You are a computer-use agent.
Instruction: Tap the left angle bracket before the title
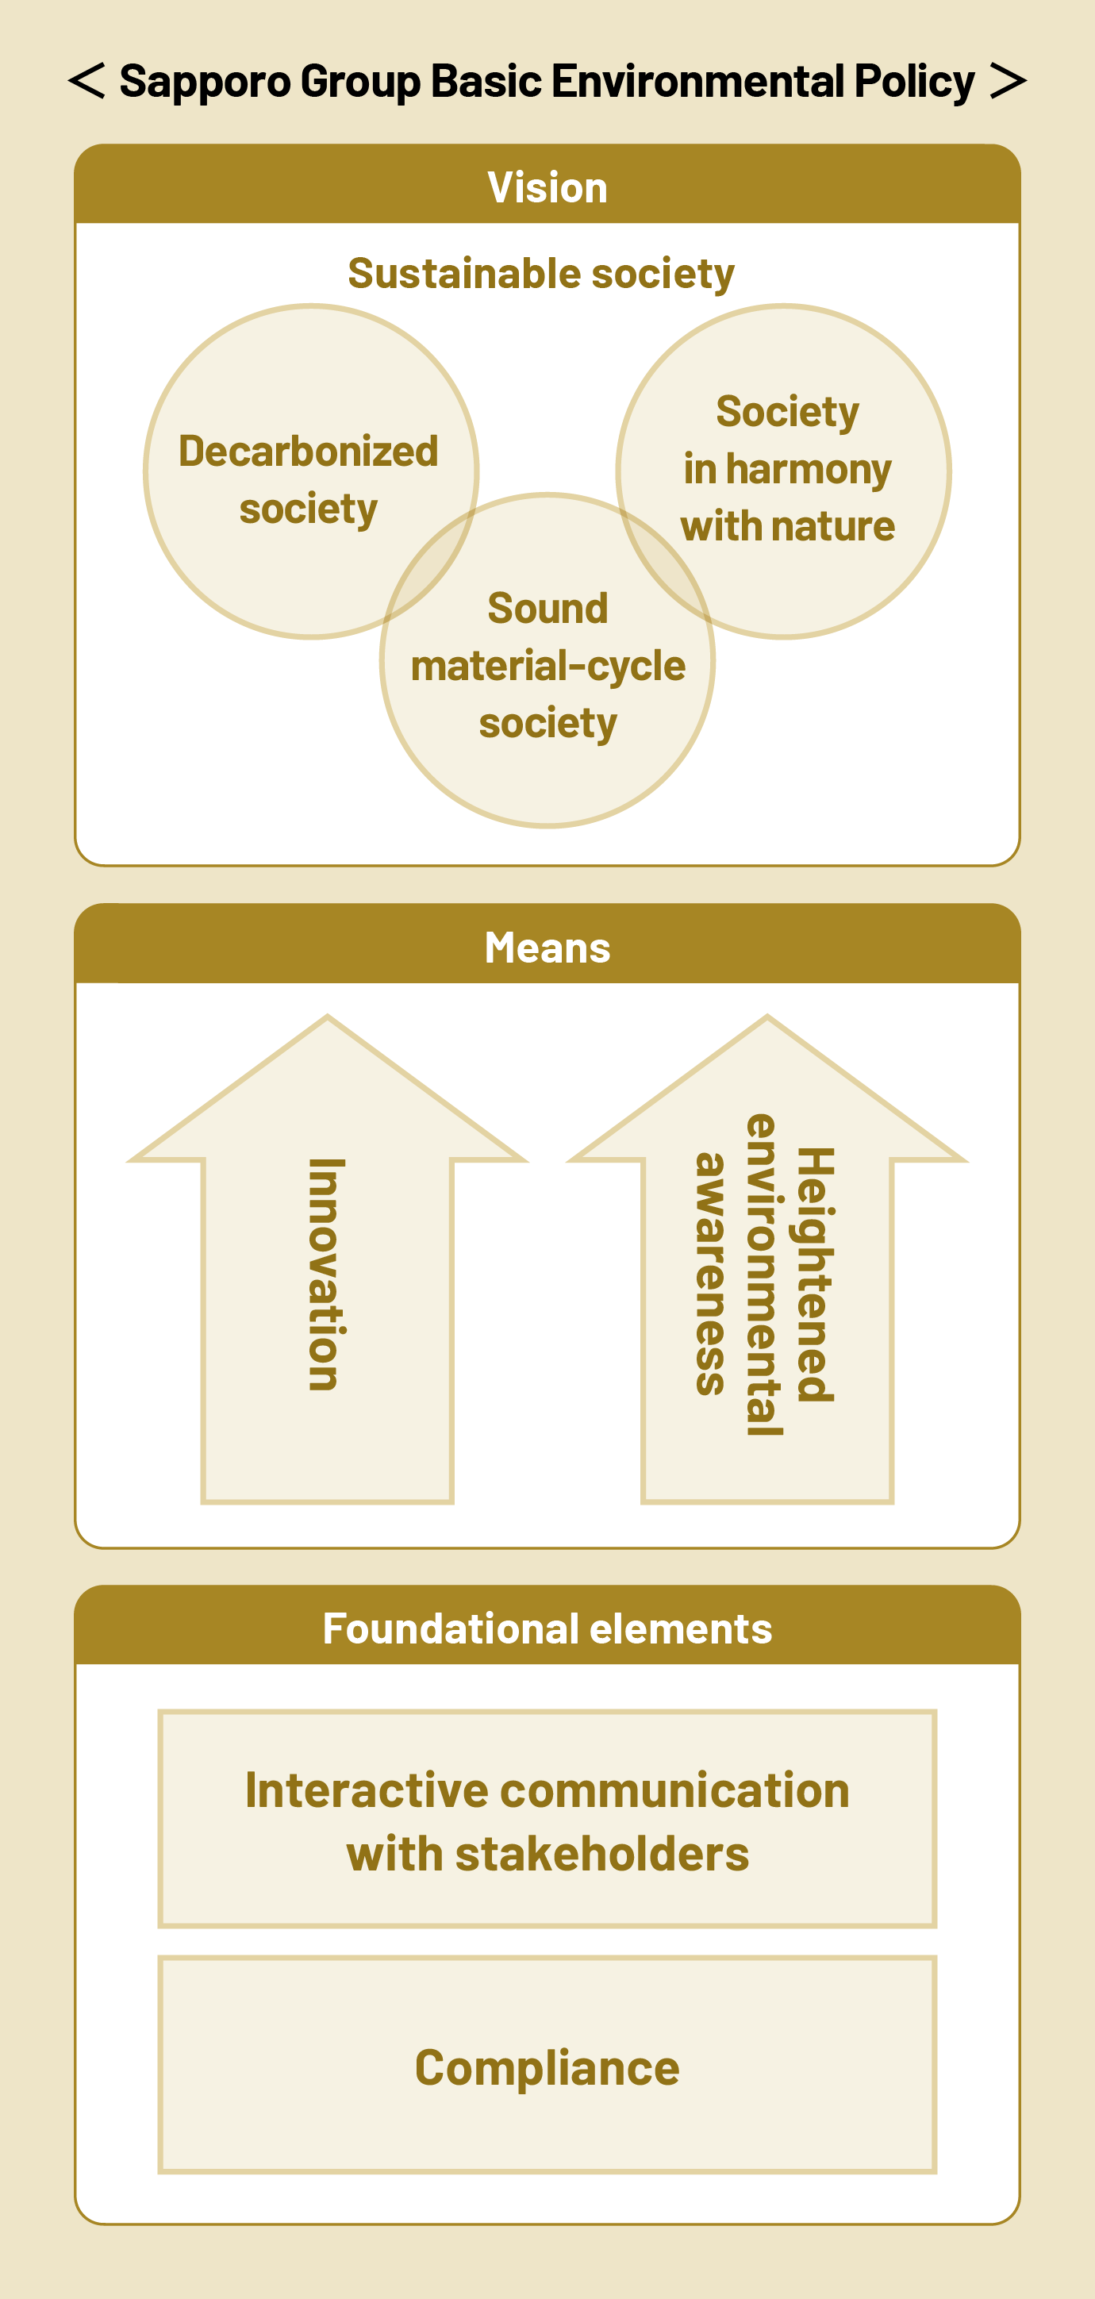pyautogui.click(x=86, y=80)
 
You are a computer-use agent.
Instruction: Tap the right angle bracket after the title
pyautogui.click(x=1009, y=80)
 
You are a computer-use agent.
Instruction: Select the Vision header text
pyautogui.click(x=547, y=187)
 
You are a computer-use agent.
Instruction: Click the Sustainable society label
pyautogui.click(x=541, y=273)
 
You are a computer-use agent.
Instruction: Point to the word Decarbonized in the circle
pyautogui.click(x=309, y=452)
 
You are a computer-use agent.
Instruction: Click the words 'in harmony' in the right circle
pyautogui.click(x=787, y=470)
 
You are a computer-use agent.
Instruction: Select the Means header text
pyautogui.click(x=547, y=948)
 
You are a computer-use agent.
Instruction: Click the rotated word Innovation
pyautogui.click(x=327, y=1274)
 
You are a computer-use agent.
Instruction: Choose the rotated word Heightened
pyautogui.click(x=814, y=1274)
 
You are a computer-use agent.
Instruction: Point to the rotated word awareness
pyautogui.click(x=711, y=1274)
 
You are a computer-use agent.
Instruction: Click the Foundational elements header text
pyautogui.click(x=547, y=1628)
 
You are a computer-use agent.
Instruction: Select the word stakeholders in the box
pyautogui.click(x=601, y=1855)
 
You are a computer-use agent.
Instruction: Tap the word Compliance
pyautogui.click(x=547, y=2068)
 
